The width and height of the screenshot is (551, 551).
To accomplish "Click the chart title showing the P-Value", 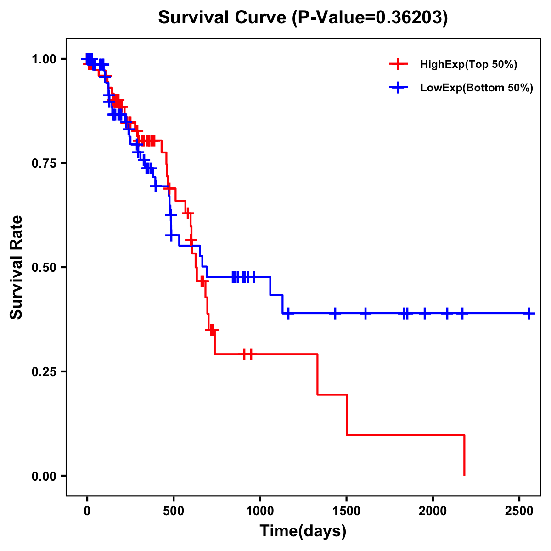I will tap(303, 17).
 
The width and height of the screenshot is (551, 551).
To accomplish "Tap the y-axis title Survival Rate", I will tap(17, 267).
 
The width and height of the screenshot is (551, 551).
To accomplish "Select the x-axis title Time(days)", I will tap(303, 531).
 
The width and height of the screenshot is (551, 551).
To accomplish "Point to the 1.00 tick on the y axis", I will tap(44, 59).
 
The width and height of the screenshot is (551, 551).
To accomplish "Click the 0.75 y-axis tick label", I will tap(44, 163).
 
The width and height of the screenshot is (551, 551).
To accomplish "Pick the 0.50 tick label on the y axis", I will tap(44, 267).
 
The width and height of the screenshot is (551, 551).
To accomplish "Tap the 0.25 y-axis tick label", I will tap(44, 371).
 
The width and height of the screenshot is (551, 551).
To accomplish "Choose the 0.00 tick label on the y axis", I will tap(44, 476).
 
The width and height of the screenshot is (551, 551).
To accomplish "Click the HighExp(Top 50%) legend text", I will tap(469, 65).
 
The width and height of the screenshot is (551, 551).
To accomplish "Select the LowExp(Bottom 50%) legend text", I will tap(477, 88).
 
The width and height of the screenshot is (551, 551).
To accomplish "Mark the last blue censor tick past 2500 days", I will tap(529, 314).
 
